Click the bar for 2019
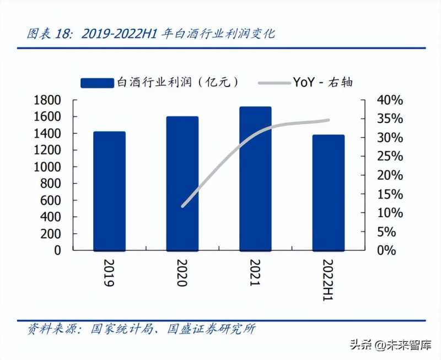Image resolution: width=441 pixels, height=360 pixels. point(109,191)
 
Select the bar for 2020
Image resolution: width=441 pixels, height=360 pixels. point(182,183)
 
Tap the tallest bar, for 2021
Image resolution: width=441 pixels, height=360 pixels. point(255,178)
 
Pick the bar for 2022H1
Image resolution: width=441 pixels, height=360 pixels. point(328,192)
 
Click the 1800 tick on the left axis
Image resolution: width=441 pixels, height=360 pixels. point(47,100)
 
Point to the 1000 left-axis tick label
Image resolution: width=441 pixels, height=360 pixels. point(47,166)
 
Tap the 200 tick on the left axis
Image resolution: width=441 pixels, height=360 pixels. point(53,233)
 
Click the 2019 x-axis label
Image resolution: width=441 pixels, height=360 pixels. point(108,273)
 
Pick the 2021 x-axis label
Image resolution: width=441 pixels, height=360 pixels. point(254,273)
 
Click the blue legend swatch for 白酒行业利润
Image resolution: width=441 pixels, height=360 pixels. point(97,83)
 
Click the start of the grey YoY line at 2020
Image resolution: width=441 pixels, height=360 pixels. point(182,206)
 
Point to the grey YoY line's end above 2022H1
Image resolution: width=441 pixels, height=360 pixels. point(328,120)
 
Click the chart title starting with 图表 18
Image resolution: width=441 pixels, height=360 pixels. point(151,34)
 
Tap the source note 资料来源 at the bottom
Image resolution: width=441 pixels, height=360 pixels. point(142,330)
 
